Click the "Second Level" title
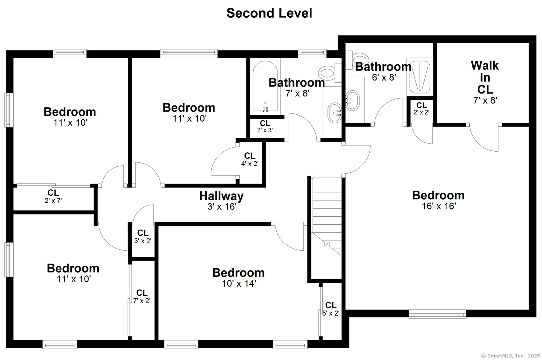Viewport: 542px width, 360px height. coord(269,13)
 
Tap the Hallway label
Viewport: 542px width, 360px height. coord(221,196)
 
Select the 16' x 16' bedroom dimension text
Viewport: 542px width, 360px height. coord(439,206)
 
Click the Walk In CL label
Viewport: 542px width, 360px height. coord(485,78)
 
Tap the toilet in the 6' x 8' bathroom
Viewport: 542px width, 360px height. coord(358,59)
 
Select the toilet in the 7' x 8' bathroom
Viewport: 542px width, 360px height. coord(330,73)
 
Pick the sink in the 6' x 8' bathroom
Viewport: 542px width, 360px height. coord(353,101)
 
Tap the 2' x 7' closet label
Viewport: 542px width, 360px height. coord(53,196)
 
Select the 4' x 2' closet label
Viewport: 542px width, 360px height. coord(250,160)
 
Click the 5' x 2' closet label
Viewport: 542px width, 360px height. coord(331,309)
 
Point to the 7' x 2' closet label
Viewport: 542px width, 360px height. coord(142,296)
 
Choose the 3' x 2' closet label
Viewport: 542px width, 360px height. coord(143,237)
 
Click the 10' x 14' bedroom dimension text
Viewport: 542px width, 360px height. coord(239,283)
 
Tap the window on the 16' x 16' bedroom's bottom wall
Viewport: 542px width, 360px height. coord(438,314)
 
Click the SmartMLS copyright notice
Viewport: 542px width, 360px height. coord(510,356)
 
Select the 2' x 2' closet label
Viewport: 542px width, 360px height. coord(422,109)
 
